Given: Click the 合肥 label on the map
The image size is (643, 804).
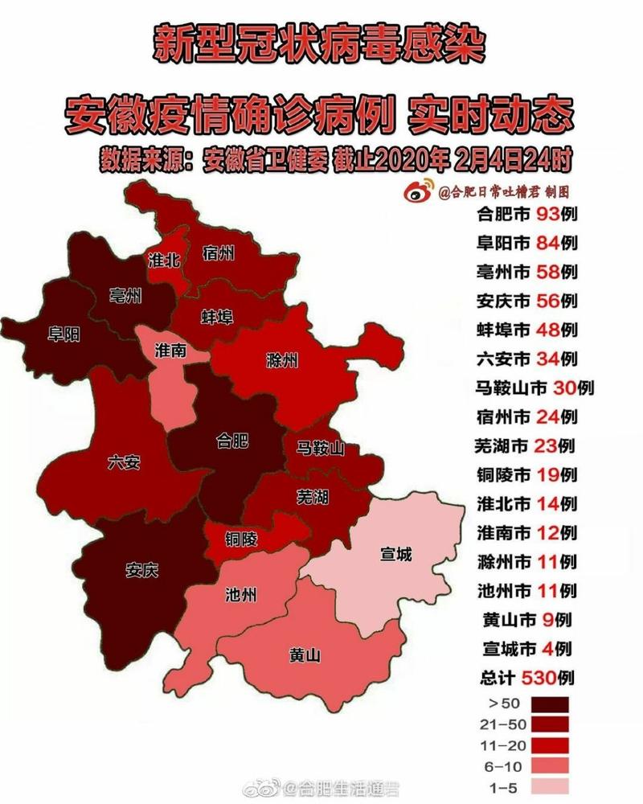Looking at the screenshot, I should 233,440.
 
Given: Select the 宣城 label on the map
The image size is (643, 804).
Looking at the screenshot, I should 395,554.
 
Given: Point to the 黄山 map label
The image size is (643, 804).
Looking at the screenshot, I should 305,655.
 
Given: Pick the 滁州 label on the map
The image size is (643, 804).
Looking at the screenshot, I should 281,359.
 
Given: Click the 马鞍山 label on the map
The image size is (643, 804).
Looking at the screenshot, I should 319,448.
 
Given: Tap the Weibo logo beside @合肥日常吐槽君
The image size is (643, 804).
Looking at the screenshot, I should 422,191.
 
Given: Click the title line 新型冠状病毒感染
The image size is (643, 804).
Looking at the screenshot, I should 320,46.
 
